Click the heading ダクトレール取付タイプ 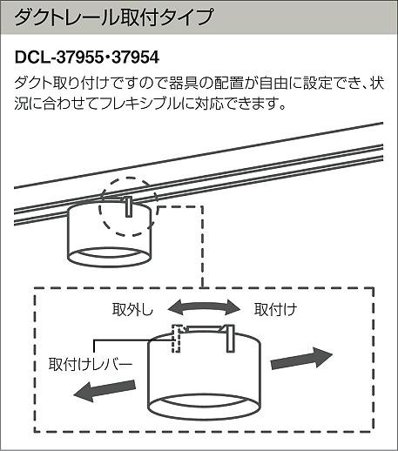113,17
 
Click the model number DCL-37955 59,57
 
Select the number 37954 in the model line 135,57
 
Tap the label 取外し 132,309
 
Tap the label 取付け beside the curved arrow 275,309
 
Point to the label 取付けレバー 91,364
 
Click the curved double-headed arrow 204,306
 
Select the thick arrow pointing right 301,358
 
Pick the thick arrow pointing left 105,390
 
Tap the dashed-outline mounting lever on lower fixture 176,339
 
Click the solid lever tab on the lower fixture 230,338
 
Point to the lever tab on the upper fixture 129,206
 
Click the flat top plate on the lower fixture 204,328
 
